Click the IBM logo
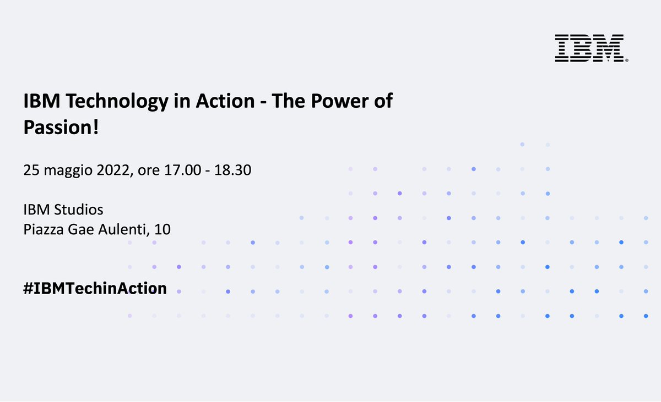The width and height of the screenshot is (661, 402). click(589, 47)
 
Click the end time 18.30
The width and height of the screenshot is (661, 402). click(232, 170)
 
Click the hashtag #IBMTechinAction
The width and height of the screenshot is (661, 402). click(95, 288)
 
